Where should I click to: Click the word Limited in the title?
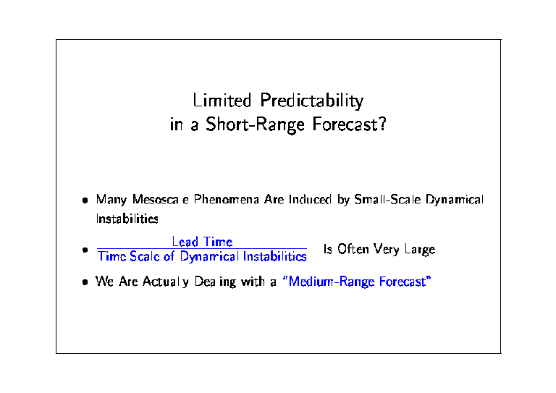click(222, 100)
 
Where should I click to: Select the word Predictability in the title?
click(312, 101)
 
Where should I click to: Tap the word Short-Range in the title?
click(256, 124)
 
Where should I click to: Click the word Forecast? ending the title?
click(349, 124)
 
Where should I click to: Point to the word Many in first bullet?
click(111, 200)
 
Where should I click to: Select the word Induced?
click(311, 200)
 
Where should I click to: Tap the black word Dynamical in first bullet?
click(455, 200)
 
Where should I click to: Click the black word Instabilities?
click(127, 219)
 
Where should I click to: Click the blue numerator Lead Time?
click(202, 242)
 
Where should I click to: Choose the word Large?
click(420, 250)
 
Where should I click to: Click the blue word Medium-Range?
click(332, 282)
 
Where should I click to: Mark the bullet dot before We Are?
click(85, 282)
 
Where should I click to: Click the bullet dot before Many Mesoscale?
click(85, 200)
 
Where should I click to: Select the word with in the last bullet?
click(253, 282)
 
